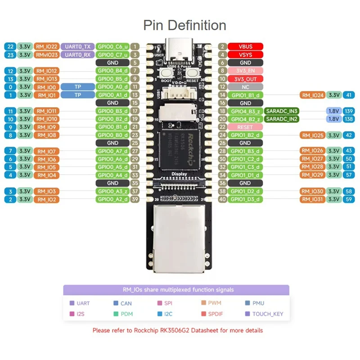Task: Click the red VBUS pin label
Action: [x=245, y=46]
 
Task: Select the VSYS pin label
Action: [x=245, y=54]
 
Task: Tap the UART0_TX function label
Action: [x=77, y=46]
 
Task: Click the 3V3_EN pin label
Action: [x=245, y=71]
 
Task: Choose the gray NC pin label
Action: [x=245, y=86]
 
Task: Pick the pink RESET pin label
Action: [x=245, y=127]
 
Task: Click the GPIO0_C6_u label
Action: [x=112, y=46]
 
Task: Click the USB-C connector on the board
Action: [x=180, y=46]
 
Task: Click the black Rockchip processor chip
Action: [x=180, y=149]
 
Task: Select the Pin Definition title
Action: [x=184, y=25]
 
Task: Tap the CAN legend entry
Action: [x=126, y=303]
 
